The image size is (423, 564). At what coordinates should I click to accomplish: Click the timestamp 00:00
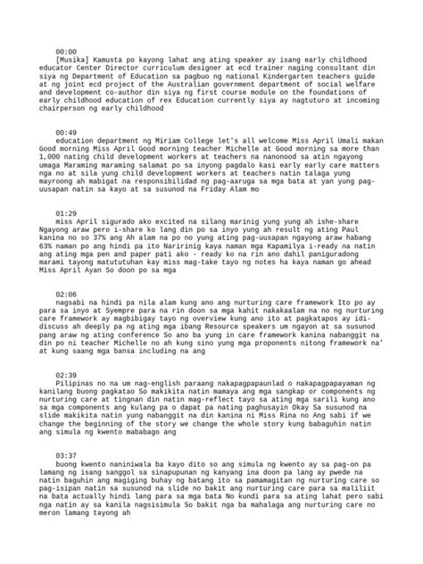67,52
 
